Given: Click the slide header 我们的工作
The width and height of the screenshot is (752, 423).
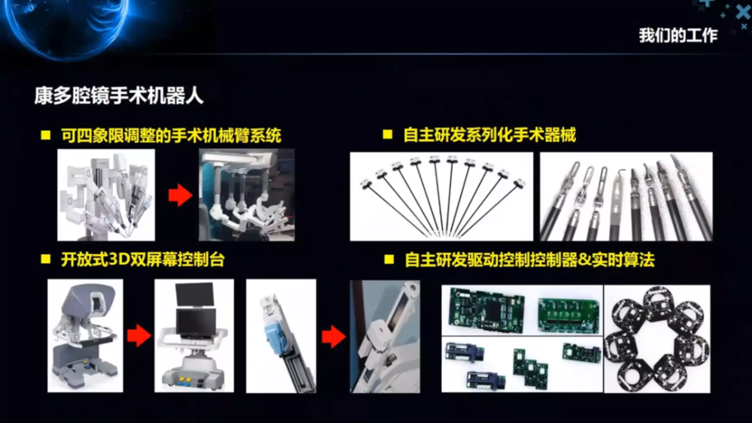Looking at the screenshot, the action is [678, 35].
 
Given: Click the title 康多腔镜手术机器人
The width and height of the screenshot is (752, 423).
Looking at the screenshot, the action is [119, 96].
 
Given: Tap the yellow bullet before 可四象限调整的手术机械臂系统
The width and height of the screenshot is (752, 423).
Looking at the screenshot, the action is [46, 135].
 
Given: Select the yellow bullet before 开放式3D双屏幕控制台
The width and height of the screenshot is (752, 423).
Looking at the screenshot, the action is [46, 259].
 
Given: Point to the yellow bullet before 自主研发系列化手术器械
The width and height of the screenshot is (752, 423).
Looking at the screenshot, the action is [387, 134].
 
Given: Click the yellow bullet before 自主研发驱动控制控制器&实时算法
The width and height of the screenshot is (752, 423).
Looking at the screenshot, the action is [389, 259].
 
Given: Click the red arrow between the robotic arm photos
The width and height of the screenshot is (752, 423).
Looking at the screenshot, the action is [180, 195].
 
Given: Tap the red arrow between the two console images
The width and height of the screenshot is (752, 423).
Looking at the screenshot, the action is [139, 335].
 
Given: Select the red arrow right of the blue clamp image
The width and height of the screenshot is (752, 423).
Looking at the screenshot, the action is [334, 337].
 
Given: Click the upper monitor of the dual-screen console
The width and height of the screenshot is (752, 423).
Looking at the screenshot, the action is [195, 294].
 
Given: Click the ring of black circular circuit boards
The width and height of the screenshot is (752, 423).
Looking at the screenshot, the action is [656, 339].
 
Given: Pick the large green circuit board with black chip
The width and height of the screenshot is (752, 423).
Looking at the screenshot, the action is [485, 310].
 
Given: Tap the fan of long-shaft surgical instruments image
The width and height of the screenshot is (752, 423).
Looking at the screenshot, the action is [441, 196].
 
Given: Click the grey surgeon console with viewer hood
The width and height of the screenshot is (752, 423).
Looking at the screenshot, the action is [85, 335].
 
